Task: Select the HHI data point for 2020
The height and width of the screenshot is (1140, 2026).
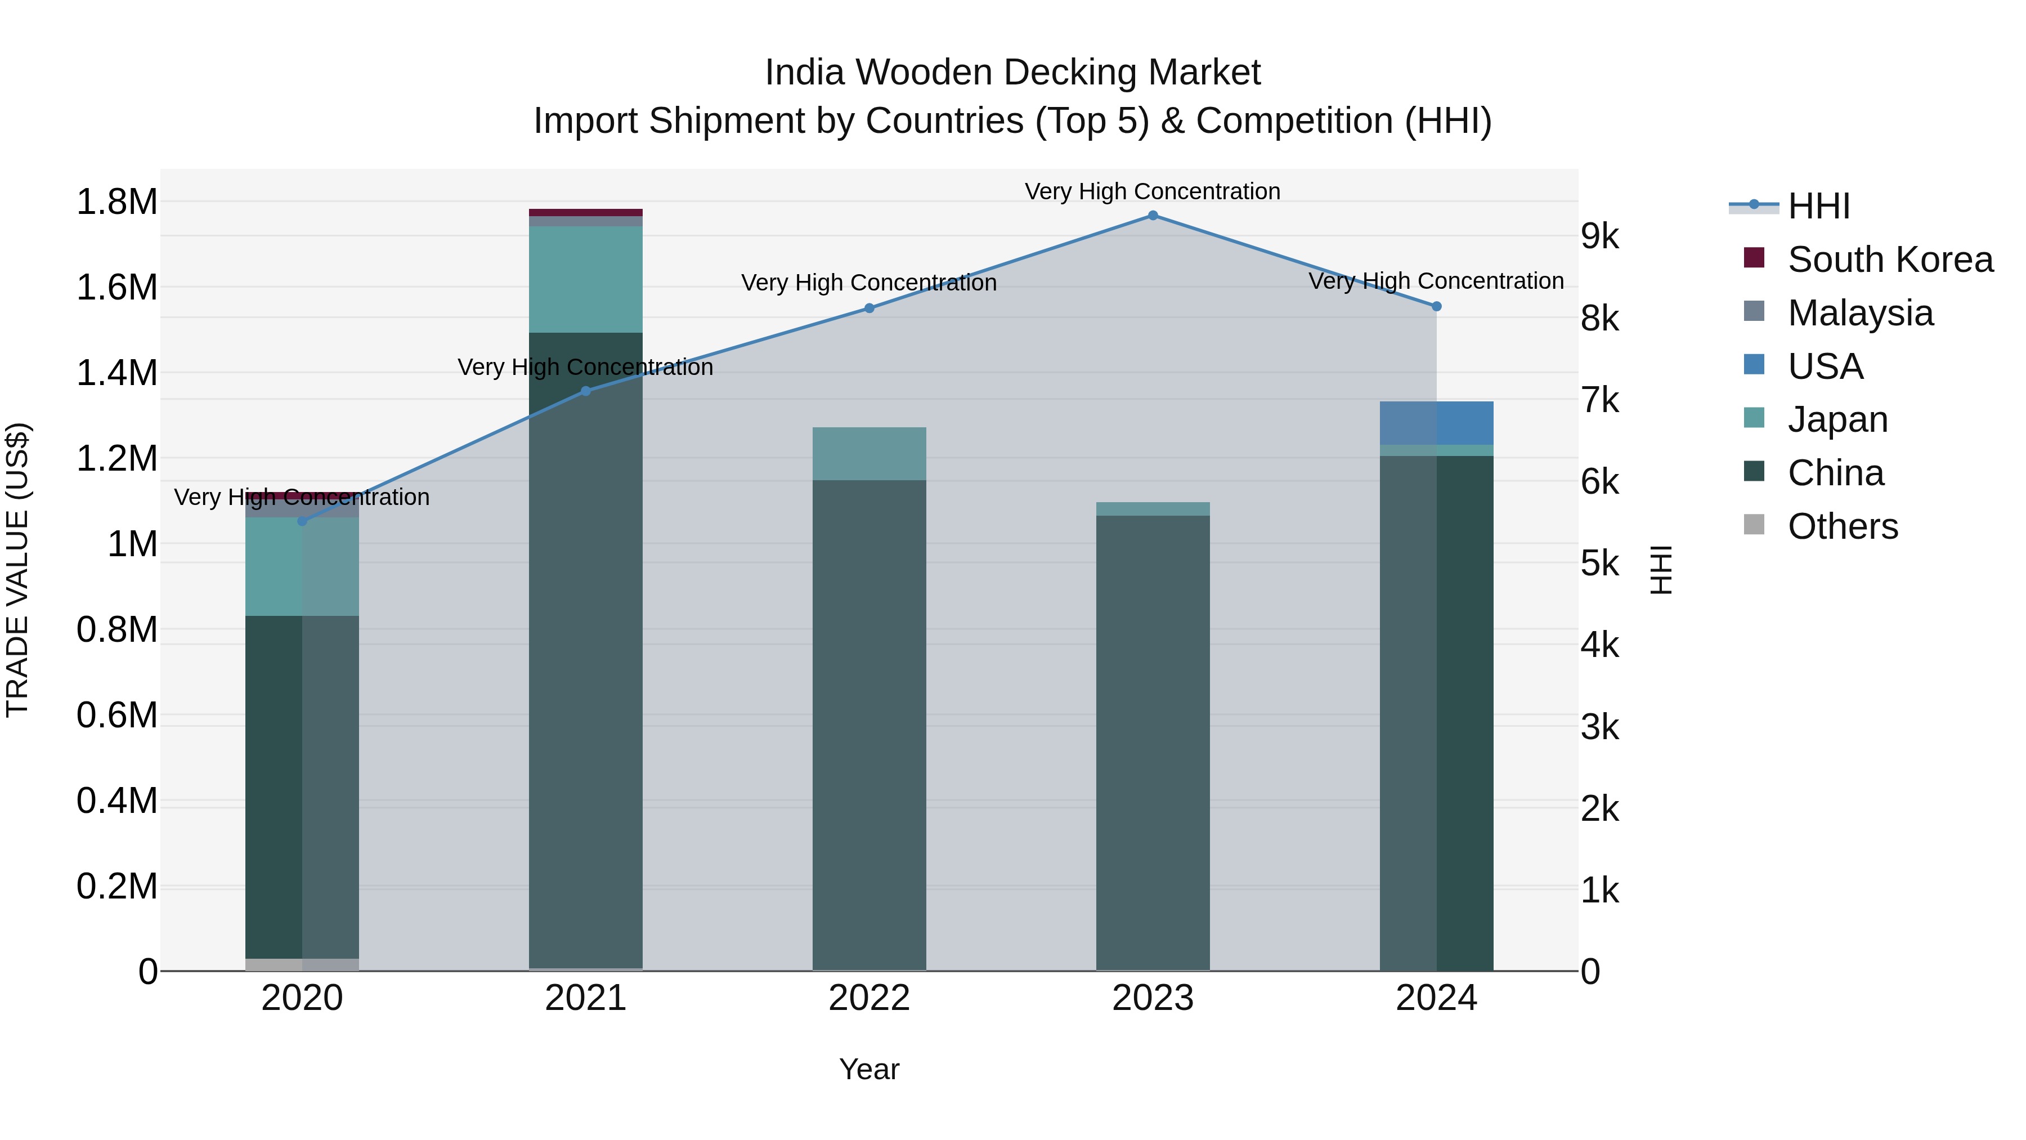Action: click(x=302, y=521)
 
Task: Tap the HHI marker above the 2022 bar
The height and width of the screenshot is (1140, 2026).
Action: click(x=869, y=309)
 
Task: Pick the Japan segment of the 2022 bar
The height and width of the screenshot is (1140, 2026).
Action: click(x=869, y=453)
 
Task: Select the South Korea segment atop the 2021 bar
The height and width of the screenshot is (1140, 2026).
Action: click(x=585, y=212)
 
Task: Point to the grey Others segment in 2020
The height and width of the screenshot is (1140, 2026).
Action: click(x=302, y=964)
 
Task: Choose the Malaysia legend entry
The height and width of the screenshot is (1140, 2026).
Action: click(x=1860, y=313)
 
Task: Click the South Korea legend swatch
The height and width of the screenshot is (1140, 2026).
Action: click(x=1753, y=258)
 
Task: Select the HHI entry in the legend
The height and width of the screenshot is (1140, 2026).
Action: click(x=1818, y=206)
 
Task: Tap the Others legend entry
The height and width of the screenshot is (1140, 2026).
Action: click(x=1842, y=526)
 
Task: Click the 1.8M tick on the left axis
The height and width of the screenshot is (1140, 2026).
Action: click(x=117, y=202)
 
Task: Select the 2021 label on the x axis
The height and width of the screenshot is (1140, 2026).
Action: click(x=585, y=998)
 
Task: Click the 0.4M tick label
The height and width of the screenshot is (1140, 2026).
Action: click(x=117, y=801)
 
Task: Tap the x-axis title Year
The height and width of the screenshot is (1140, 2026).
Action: click(x=869, y=1069)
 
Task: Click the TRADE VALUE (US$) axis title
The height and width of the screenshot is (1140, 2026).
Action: click(x=17, y=570)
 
